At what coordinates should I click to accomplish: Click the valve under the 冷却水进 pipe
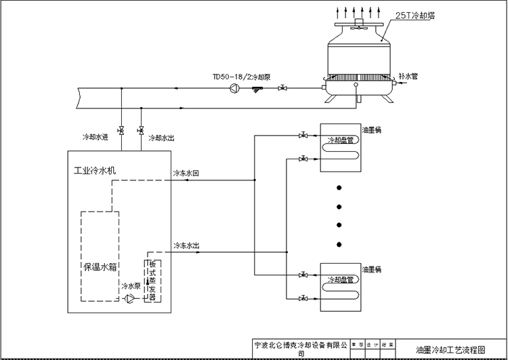[x=121, y=129]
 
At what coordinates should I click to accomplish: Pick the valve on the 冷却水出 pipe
[x=140, y=129]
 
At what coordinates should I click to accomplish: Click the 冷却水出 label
[x=161, y=137]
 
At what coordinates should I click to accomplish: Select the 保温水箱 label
[x=100, y=266]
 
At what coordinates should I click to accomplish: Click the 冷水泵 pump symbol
[x=129, y=298]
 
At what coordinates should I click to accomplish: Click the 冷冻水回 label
[x=186, y=174]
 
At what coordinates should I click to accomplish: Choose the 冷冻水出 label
[x=186, y=245]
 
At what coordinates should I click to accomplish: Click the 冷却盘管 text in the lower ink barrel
[x=341, y=279]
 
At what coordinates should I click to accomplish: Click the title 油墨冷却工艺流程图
[x=450, y=349]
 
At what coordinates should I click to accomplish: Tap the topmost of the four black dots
[x=341, y=187]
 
